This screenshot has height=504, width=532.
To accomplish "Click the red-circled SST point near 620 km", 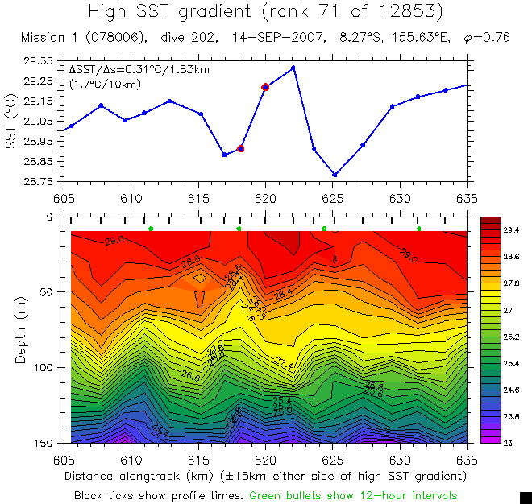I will [x=264, y=87].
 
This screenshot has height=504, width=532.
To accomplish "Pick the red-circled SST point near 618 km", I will [x=240, y=149].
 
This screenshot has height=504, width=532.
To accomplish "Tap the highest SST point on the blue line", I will [x=293, y=68].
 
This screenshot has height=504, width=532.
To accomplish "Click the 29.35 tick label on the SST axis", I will [x=39, y=61].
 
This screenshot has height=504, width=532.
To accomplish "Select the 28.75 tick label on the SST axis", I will [x=39, y=182].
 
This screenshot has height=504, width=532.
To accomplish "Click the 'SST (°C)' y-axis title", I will [x=11, y=122].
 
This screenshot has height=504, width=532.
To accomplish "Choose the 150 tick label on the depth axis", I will [x=47, y=443].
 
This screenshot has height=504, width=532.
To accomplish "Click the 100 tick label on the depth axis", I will [x=47, y=367].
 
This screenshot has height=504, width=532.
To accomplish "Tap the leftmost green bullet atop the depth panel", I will [x=151, y=229].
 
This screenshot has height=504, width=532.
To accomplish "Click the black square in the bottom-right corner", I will [x=526, y=498].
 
